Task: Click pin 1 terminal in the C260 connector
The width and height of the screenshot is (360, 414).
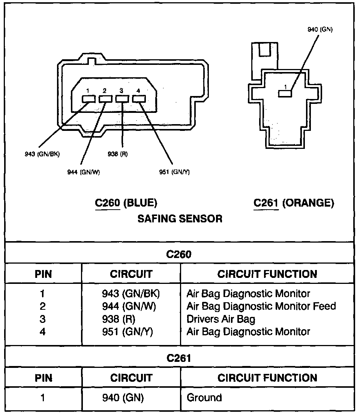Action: point(88,99)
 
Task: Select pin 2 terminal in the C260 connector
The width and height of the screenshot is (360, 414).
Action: point(105,99)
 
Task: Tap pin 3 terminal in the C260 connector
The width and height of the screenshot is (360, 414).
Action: point(122,99)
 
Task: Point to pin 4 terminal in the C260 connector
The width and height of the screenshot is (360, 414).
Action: point(139,99)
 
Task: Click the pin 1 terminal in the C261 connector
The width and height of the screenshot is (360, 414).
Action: point(285,93)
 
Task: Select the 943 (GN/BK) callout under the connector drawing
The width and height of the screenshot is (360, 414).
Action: point(42,154)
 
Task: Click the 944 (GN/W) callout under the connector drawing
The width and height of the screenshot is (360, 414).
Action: point(84,172)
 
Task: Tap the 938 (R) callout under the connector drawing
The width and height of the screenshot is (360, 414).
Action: point(117,154)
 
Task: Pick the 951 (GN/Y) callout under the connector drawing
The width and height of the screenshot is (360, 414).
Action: point(174,172)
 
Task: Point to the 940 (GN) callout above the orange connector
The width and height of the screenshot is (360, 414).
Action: point(320,29)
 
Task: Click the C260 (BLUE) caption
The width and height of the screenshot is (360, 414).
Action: point(126,203)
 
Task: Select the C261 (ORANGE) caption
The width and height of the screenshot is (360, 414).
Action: point(294,203)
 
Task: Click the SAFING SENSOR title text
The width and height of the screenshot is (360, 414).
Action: point(180,219)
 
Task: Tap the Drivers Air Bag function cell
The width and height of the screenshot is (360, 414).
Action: point(221,319)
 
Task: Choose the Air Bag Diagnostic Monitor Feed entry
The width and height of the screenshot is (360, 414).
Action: point(261,306)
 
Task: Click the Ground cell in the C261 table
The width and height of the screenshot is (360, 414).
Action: point(204,397)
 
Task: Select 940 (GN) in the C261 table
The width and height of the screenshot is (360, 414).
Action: point(123,397)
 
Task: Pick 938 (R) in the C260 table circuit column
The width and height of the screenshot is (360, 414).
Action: point(118,319)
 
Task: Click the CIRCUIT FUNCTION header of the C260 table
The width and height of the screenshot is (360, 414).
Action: point(267,274)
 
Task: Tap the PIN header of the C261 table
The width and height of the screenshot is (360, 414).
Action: point(43,378)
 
